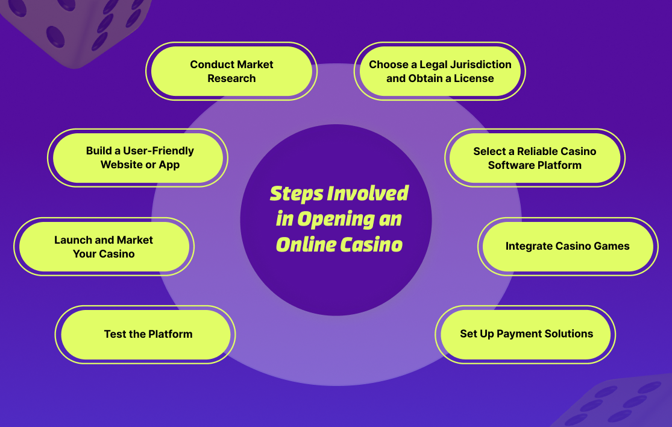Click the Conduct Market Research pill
pos(231,71)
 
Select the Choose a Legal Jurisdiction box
pos(440,71)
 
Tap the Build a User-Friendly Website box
pos(138,158)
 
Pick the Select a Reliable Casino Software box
pos(535,158)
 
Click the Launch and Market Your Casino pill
pos(104,247)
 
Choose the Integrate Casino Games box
pos(568,246)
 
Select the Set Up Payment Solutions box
pos(526,334)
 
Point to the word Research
pos(231,78)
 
